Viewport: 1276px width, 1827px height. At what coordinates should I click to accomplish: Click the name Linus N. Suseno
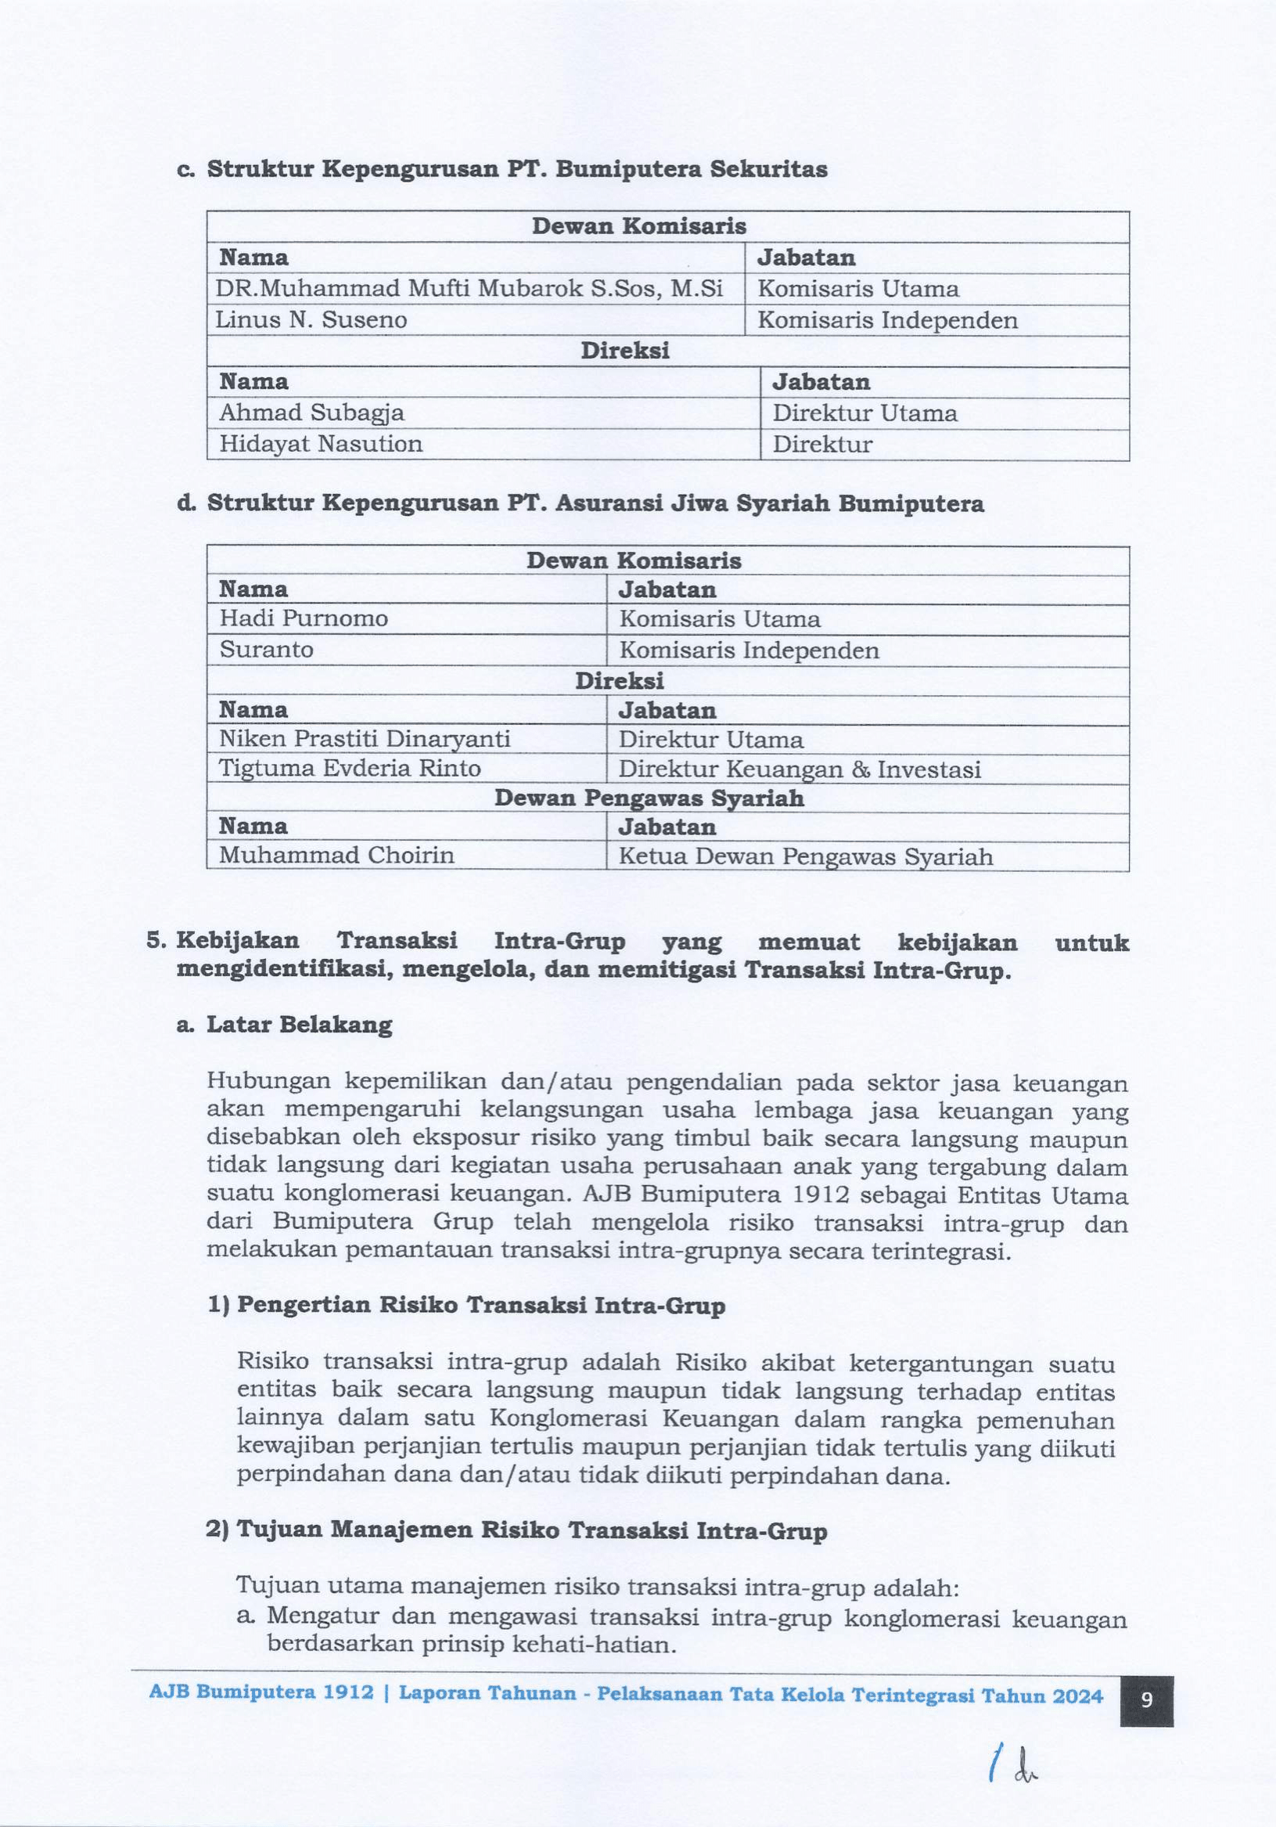[311, 321]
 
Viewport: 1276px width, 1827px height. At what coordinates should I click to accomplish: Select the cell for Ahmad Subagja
[311, 413]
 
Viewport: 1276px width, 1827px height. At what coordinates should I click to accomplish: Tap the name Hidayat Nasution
[321, 444]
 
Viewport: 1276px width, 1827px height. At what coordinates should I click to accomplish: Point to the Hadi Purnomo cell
[303, 619]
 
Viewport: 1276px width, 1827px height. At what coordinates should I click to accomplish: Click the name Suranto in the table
[267, 650]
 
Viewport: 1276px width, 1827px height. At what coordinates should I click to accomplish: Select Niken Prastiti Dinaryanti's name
[365, 739]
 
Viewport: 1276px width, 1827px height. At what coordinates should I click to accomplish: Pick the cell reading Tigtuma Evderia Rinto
[350, 769]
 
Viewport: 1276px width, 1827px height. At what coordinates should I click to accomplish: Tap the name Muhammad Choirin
[336, 856]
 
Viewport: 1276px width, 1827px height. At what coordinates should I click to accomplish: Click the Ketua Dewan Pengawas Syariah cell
[805, 856]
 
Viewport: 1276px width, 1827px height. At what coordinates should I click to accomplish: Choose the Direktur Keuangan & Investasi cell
[800, 769]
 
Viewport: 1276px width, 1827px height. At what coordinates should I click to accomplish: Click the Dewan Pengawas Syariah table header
[649, 798]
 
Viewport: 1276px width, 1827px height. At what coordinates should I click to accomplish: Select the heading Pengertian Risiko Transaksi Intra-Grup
[480, 1306]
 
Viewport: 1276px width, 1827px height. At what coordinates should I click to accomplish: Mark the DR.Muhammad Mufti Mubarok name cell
[469, 289]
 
